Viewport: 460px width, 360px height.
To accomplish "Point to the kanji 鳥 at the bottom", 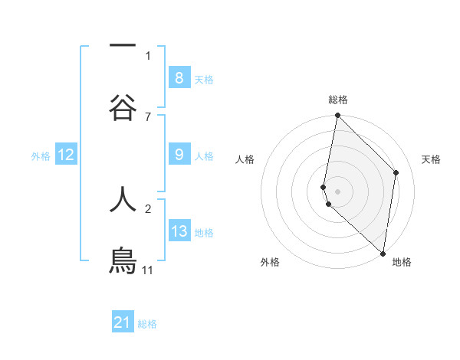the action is coord(123,260).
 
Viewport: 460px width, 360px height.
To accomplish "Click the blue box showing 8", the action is coord(179,78).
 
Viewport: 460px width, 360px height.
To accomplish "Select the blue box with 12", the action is coord(66,155).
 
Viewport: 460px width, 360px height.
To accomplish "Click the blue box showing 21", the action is coord(122,322).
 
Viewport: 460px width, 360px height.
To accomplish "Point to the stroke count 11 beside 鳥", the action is coord(148,270).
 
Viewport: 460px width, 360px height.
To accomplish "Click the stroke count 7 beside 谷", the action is coord(148,116).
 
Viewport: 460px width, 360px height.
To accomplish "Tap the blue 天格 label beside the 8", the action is coord(204,80).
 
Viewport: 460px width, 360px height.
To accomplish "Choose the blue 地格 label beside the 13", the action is coord(204,233).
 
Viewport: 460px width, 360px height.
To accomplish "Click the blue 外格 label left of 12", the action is coord(41,156).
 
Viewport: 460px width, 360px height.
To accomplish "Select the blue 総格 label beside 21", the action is coord(147,324).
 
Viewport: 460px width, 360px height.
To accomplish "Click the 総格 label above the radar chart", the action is coord(337,100).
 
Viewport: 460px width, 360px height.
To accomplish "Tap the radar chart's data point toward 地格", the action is coord(383,254).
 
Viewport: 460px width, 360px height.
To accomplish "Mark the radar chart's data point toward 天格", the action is coord(396,172).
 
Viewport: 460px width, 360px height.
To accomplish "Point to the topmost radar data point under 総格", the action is coord(337,116).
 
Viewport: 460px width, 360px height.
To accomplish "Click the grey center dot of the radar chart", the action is coord(337,191).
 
